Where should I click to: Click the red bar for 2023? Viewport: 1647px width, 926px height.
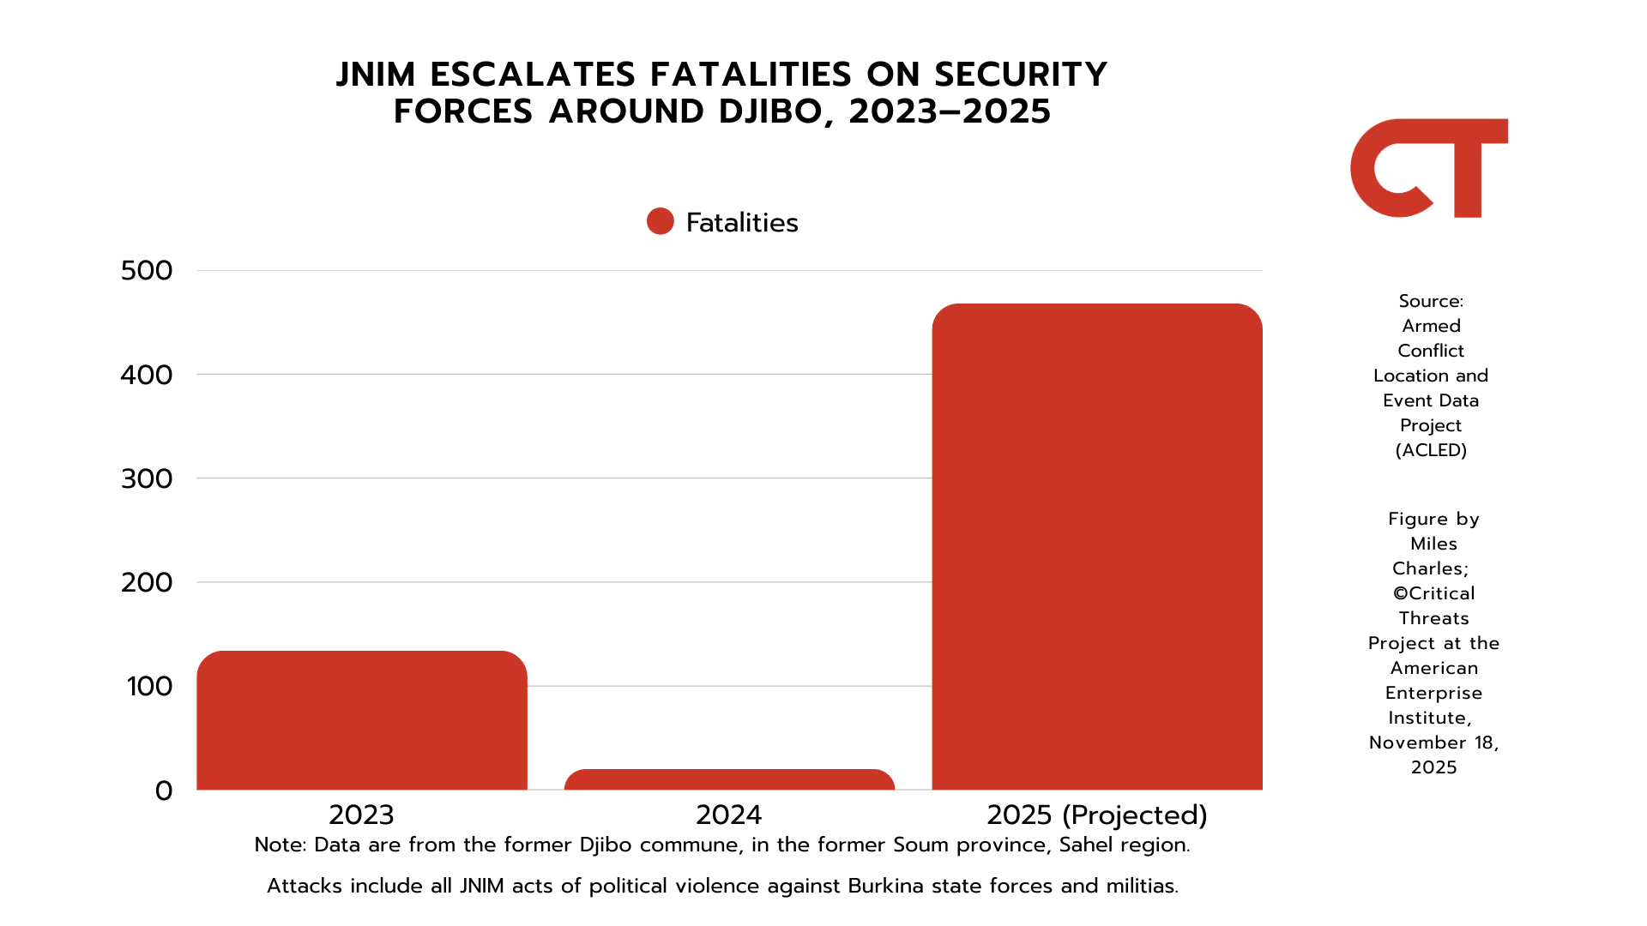pos(361,720)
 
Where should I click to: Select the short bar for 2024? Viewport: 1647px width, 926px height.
pos(729,779)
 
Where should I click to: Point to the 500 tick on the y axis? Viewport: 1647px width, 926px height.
pos(147,271)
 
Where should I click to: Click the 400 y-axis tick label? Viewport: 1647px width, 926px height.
pos(147,375)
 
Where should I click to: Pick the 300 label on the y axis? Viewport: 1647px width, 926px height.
pos(147,478)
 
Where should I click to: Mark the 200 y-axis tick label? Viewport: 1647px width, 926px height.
pos(147,582)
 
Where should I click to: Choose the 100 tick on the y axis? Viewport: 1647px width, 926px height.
pos(149,686)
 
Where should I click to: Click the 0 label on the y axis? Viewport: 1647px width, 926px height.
pos(164,791)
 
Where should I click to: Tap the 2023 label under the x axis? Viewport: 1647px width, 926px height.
pos(361,815)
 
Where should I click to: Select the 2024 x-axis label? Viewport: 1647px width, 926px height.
pos(729,815)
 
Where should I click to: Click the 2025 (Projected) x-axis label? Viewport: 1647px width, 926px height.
pos(1096,815)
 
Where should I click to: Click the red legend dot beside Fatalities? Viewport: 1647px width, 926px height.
pos(661,221)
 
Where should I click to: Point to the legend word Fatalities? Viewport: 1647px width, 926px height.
pos(742,223)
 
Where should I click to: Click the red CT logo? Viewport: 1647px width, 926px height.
pos(1428,168)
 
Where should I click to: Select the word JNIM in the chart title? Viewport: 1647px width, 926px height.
pos(376,75)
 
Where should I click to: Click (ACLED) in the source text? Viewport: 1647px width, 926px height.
pos(1431,450)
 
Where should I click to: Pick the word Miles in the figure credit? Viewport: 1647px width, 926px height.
pos(1433,544)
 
